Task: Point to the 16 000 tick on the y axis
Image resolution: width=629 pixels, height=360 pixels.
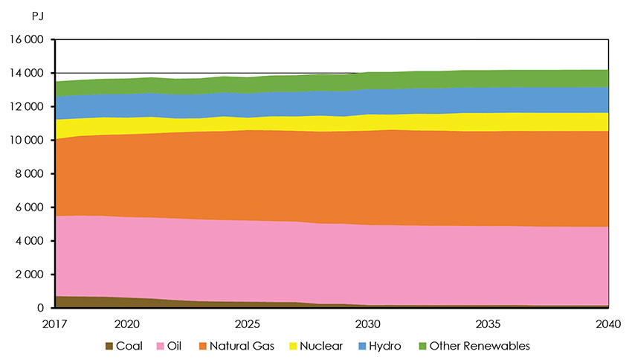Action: [x=28, y=40]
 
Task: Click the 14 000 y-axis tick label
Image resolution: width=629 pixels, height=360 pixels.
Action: [x=28, y=74]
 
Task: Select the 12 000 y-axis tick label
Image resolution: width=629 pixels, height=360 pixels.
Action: [x=28, y=107]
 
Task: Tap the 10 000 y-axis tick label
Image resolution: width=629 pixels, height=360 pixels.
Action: [x=28, y=141]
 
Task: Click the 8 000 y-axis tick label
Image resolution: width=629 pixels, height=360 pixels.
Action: [x=30, y=174]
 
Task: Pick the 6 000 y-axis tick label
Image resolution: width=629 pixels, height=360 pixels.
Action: [x=30, y=208]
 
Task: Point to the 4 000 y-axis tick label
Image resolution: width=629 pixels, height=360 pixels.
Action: [x=30, y=241]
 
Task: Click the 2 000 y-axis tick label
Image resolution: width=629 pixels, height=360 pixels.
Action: [x=30, y=274]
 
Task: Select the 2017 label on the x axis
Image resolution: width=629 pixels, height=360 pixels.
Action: [x=56, y=324]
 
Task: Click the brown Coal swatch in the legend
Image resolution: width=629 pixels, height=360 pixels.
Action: [x=110, y=346]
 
